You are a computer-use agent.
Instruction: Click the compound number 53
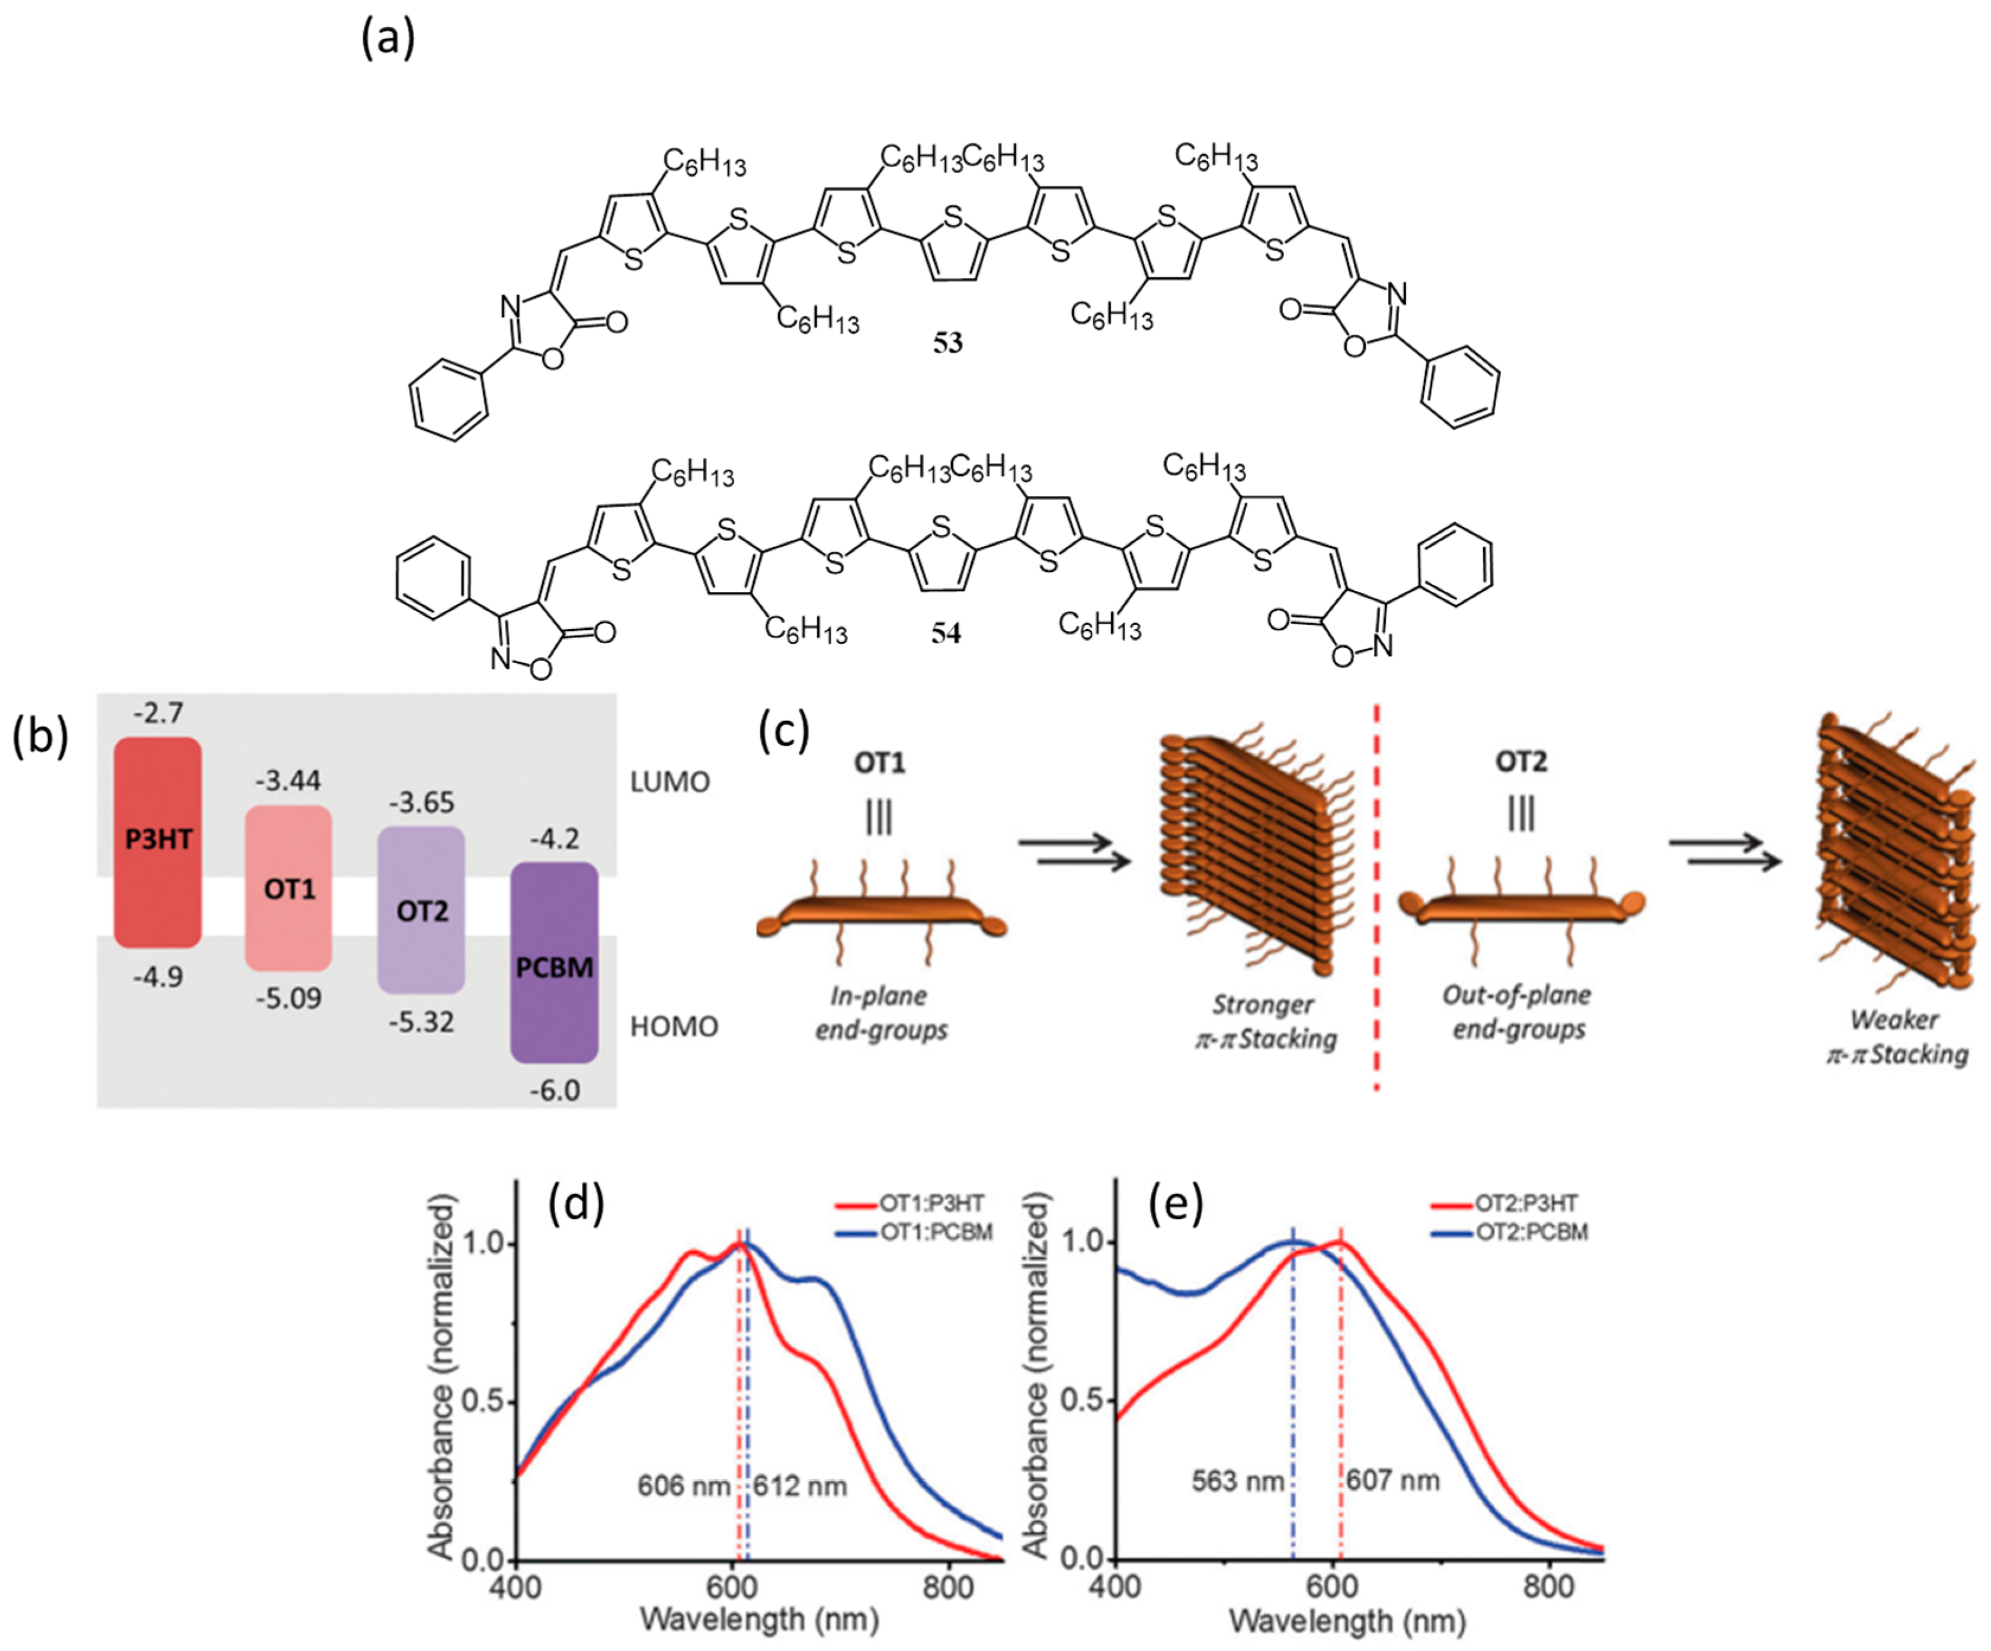[x=947, y=343]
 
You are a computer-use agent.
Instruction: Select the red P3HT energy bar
[x=158, y=842]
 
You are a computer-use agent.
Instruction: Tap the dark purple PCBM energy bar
[x=555, y=962]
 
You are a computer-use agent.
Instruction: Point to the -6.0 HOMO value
[x=555, y=1090]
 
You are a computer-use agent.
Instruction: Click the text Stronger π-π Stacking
[x=1265, y=1021]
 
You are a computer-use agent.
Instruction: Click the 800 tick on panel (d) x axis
[x=948, y=1588]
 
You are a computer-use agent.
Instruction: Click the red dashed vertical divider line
[x=1377, y=901]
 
